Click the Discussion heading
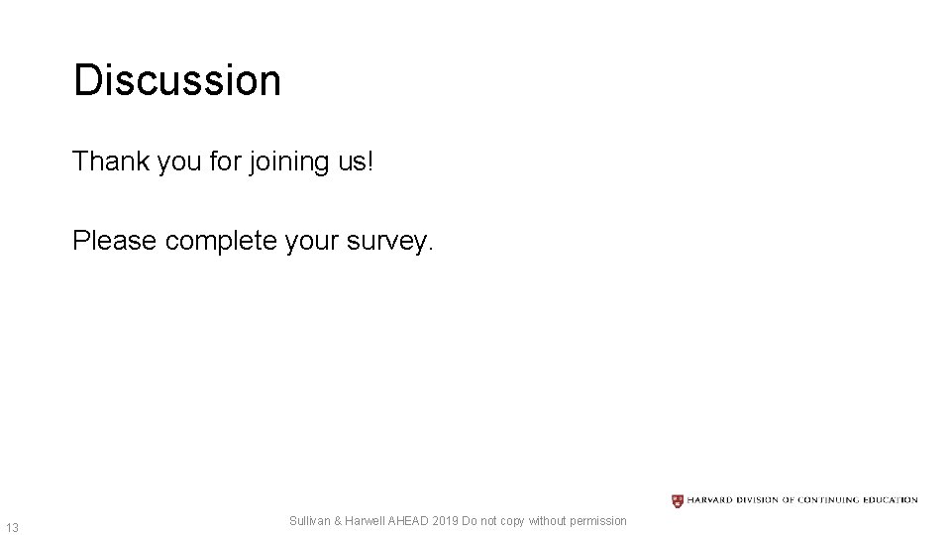click(177, 80)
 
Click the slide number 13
click(12, 526)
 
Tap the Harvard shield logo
click(678, 500)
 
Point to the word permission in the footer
click(593, 520)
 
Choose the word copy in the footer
click(511, 521)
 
